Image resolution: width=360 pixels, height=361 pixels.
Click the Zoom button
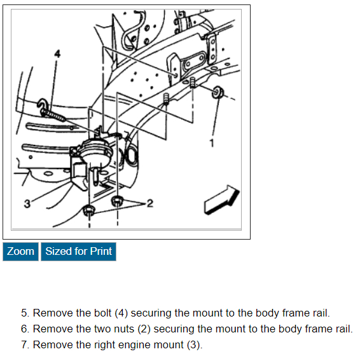(20, 252)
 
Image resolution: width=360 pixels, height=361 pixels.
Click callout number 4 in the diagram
(57, 54)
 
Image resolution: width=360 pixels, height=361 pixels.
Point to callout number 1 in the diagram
(212, 143)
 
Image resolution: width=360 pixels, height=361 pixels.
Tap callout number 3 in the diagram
(27, 204)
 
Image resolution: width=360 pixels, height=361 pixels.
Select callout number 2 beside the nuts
(150, 203)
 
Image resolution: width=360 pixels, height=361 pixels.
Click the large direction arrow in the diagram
(222, 200)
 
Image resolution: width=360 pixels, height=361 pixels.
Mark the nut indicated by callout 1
(218, 92)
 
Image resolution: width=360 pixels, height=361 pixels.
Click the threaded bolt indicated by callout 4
(53, 114)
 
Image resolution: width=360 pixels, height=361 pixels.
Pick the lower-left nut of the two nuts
(89, 210)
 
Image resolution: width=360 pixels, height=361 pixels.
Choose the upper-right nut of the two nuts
(117, 201)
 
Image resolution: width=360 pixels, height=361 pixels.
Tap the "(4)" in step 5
(121, 313)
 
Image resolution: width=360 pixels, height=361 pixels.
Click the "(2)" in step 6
(144, 329)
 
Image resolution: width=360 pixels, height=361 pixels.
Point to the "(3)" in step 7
(195, 345)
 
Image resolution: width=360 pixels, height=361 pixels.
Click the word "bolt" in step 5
(103, 313)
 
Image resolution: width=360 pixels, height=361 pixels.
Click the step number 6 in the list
(24, 329)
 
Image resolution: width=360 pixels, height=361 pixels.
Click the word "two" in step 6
(103, 329)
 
